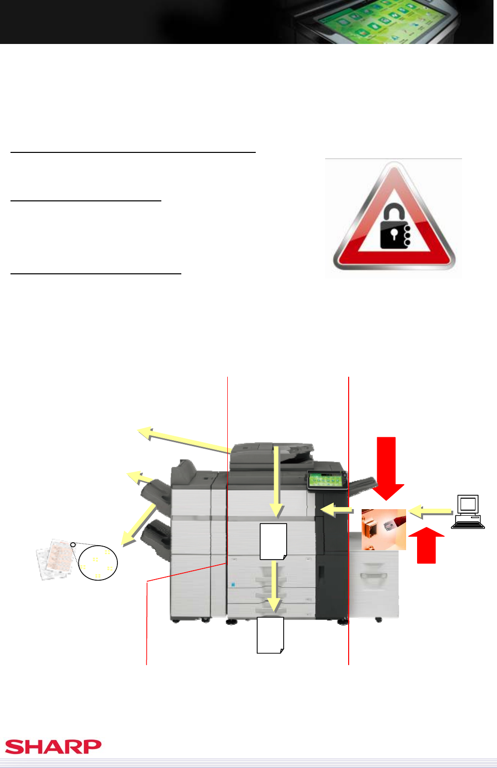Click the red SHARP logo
(53, 747)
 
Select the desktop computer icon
(468, 512)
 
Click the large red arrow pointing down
(387, 468)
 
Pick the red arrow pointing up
(427, 545)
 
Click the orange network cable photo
(384, 530)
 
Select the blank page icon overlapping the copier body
(273, 541)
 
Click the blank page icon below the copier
(270, 635)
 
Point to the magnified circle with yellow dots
(98, 563)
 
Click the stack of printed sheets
(55, 560)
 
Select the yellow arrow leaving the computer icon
(431, 512)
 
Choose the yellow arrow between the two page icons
(274, 586)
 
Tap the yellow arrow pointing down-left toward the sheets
(138, 525)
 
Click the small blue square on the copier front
(233, 585)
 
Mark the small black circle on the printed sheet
(72, 545)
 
